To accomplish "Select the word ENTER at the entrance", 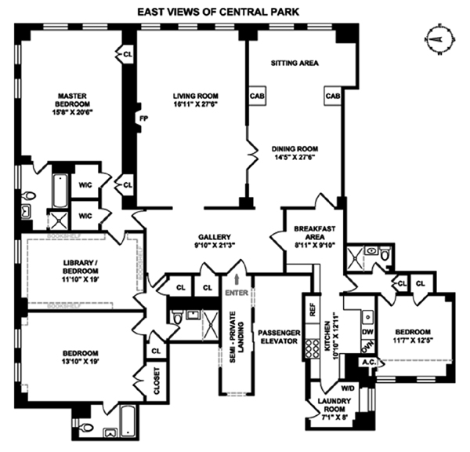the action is coord(235,293).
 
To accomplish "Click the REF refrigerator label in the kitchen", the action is coord(312,310).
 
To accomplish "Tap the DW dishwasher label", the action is coord(367,332).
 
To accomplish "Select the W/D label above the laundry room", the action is coord(347,387).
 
